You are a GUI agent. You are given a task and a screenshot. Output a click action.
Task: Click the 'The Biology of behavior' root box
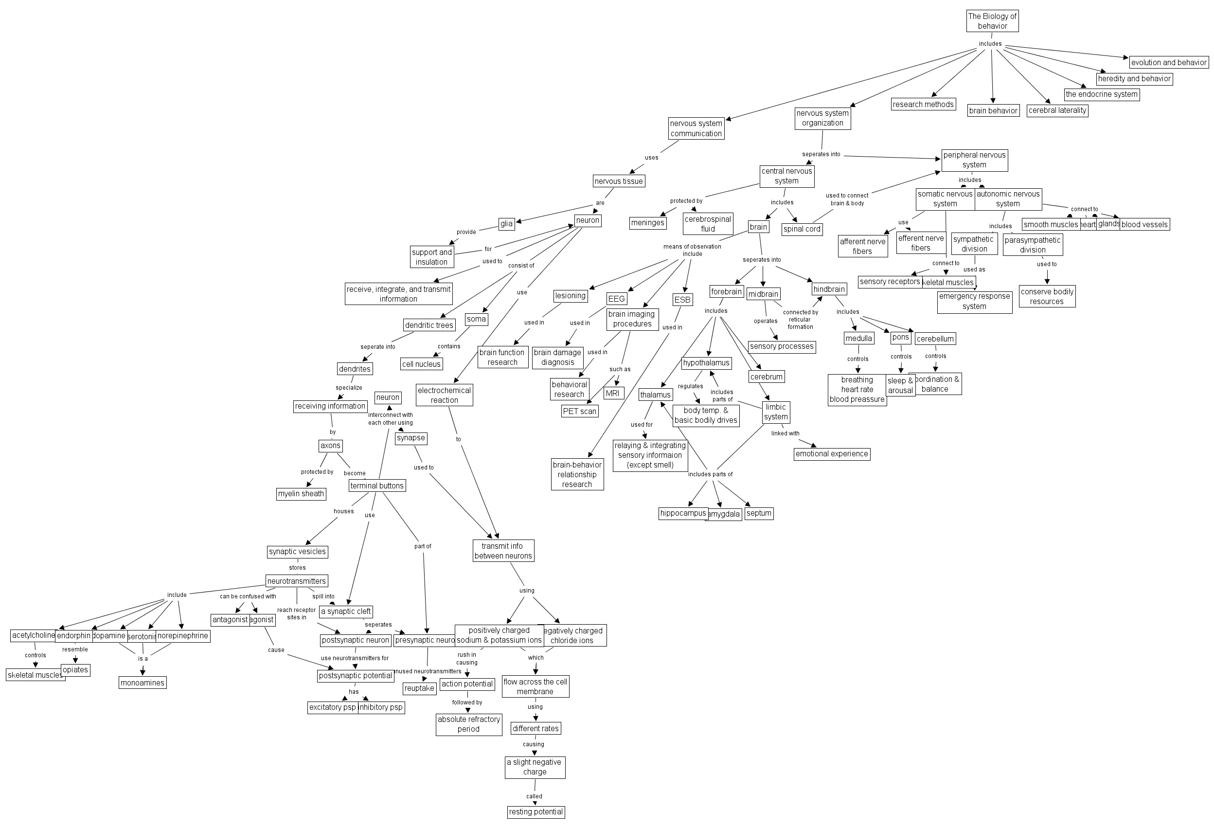click(x=992, y=21)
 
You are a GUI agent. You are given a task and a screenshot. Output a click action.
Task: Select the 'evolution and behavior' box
click(x=1169, y=63)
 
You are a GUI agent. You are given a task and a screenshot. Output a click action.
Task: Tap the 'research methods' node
click(x=923, y=105)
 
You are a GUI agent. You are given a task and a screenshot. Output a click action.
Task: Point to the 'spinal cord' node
click(x=802, y=229)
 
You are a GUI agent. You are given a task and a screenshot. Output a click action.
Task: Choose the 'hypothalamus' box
click(x=706, y=363)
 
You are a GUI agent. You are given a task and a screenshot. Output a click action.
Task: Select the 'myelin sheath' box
click(x=301, y=494)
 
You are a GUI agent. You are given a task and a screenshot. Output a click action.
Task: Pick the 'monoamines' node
click(x=142, y=683)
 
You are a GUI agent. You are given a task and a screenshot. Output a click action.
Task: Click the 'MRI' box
click(x=613, y=394)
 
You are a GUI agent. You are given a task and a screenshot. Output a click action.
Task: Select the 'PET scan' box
click(x=579, y=412)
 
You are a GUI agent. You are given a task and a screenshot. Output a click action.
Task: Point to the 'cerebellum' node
click(x=935, y=339)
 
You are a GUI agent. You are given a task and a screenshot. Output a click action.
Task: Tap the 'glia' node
click(x=506, y=224)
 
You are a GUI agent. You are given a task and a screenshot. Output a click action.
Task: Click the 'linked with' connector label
click(x=785, y=433)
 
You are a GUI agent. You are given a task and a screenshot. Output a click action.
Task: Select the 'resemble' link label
click(x=75, y=650)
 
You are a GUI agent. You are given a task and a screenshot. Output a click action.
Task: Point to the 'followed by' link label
click(x=467, y=702)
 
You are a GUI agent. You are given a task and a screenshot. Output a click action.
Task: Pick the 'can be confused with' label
click(x=248, y=596)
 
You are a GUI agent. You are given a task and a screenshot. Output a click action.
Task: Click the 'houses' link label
click(x=344, y=511)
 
